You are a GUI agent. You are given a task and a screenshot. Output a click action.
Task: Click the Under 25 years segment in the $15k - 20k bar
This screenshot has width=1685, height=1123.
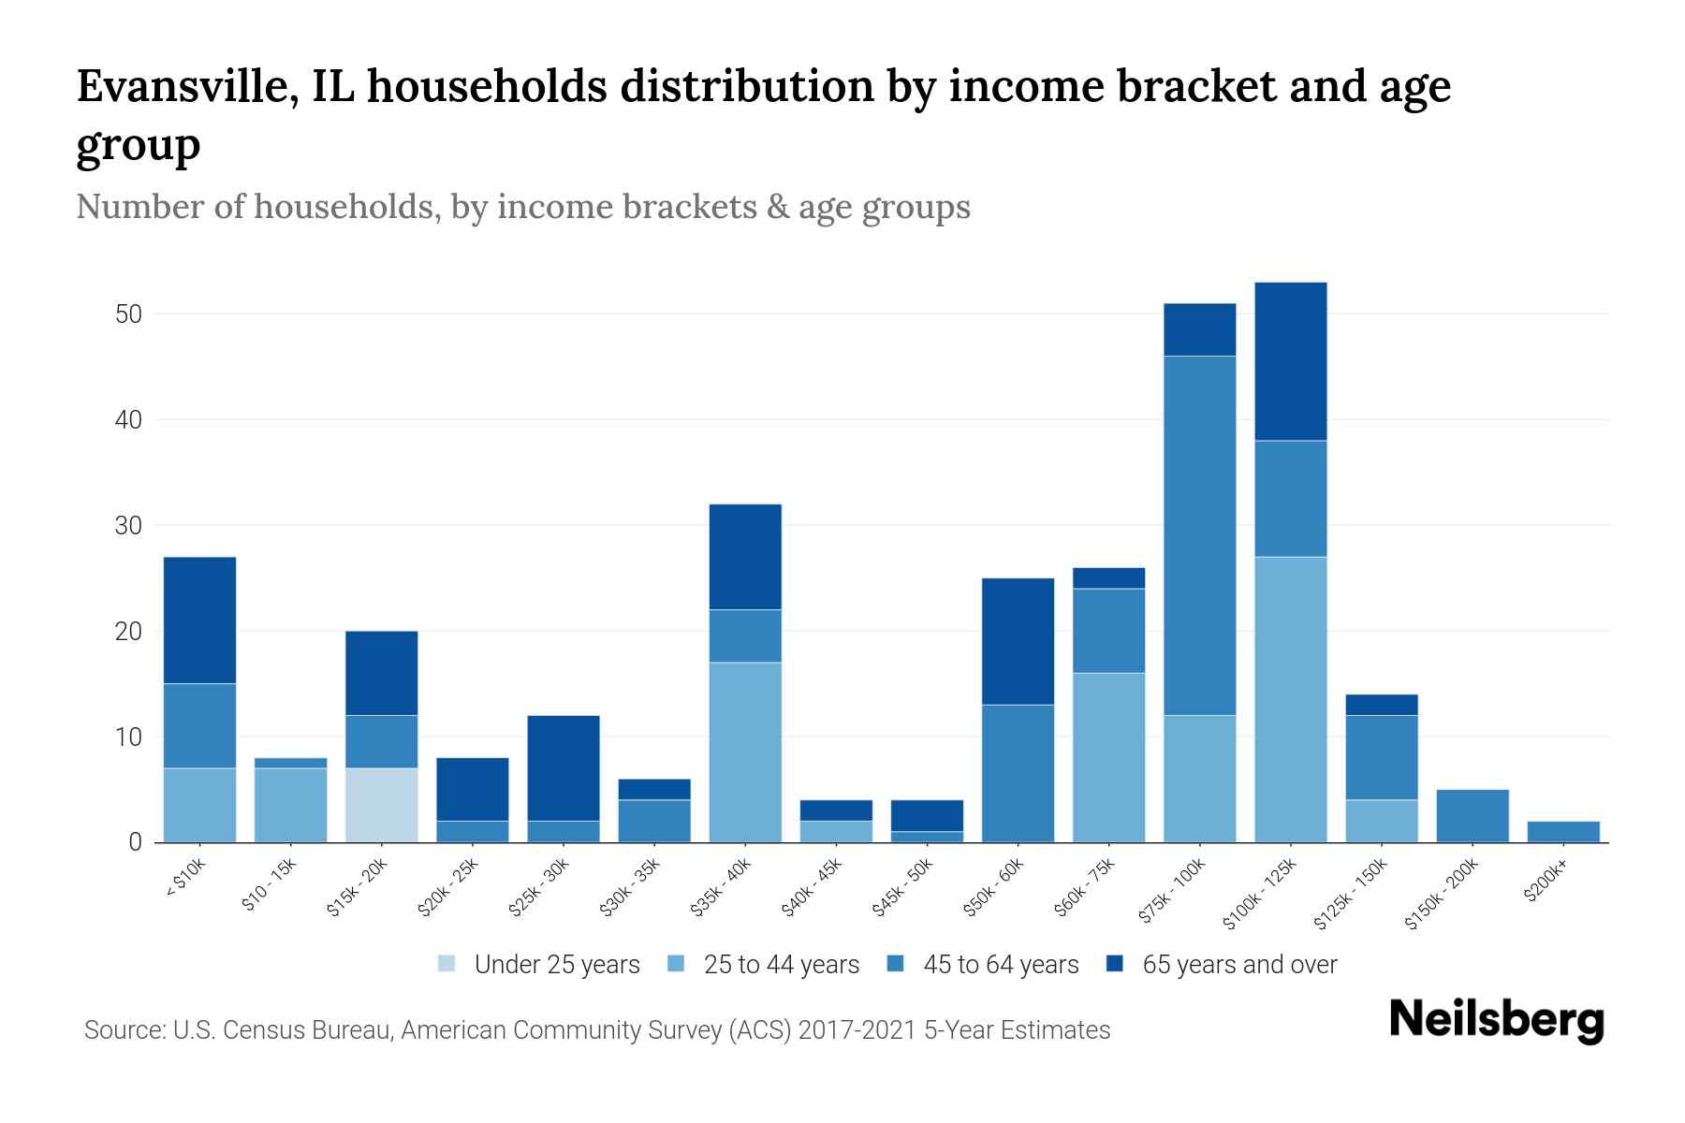coord(381,805)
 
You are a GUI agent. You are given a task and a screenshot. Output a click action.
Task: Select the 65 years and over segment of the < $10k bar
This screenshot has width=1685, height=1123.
coord(199,620)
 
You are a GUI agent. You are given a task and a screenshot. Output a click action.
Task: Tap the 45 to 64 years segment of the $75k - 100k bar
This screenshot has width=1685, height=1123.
coord(1199,535)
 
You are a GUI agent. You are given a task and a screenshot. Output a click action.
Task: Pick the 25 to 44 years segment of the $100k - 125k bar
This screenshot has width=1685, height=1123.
coord(1290,699)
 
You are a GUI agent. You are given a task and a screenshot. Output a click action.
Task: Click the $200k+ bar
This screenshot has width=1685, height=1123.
coord(1563,832)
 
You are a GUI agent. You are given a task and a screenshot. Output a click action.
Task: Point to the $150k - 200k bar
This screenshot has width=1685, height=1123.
coord(1472,816)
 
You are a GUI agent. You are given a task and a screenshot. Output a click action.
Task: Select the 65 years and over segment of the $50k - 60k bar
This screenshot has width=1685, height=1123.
coord(1018,641)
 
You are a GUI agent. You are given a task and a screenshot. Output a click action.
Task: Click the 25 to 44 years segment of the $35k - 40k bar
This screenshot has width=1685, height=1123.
coord(745,752)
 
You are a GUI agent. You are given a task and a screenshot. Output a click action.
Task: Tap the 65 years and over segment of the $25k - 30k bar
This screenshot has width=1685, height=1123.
coord(563,767)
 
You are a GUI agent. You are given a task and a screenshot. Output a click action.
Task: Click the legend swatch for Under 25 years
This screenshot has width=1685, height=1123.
coord(447,964)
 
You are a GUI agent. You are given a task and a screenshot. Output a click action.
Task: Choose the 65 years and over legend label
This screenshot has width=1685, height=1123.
coord(1239,965)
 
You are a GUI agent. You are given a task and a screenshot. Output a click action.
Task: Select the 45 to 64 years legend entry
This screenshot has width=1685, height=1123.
coord(1001,965)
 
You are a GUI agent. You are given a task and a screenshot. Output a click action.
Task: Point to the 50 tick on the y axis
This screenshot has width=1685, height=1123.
coord(128,314)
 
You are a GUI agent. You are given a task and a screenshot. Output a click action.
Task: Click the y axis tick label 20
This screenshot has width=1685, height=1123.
coord(128,632)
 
